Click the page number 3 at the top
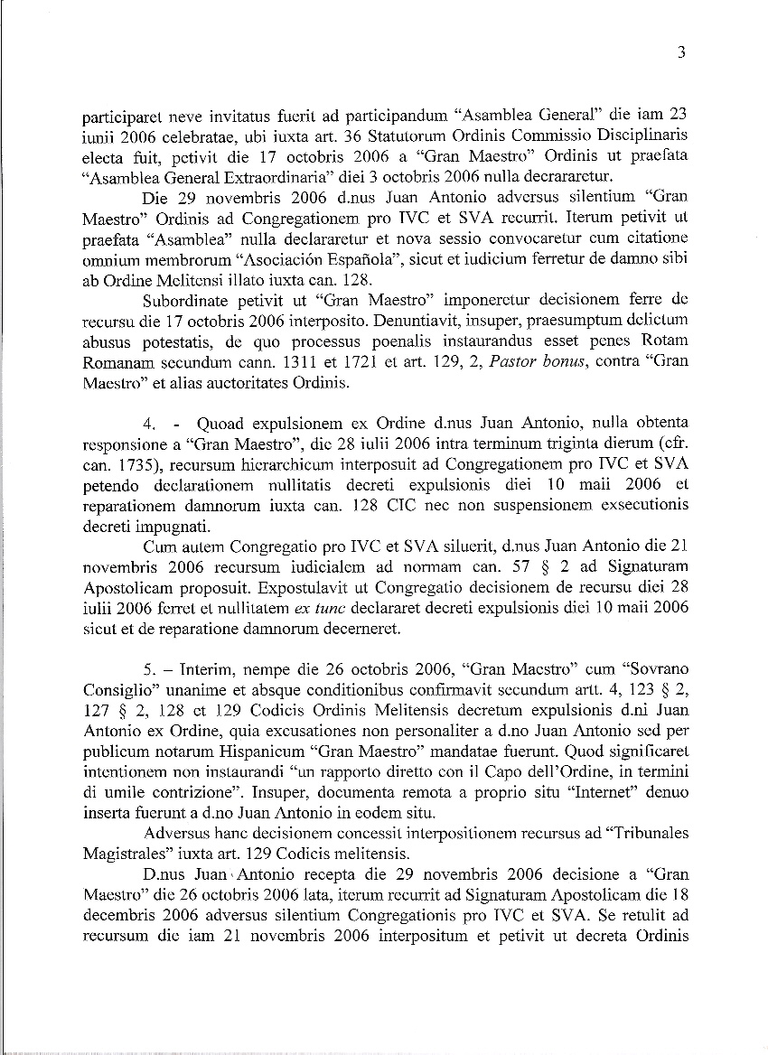tap(681, 52)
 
